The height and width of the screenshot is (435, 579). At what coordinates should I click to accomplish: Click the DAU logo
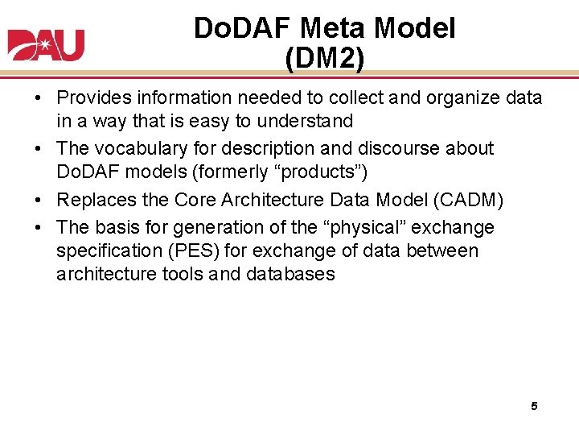click(46, 44)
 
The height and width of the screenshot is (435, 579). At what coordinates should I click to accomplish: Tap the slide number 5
click(534, 406)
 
